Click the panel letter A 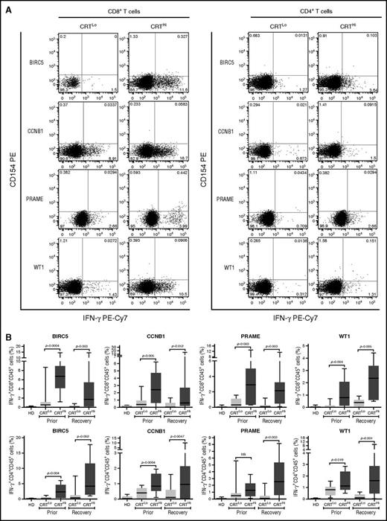6,6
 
